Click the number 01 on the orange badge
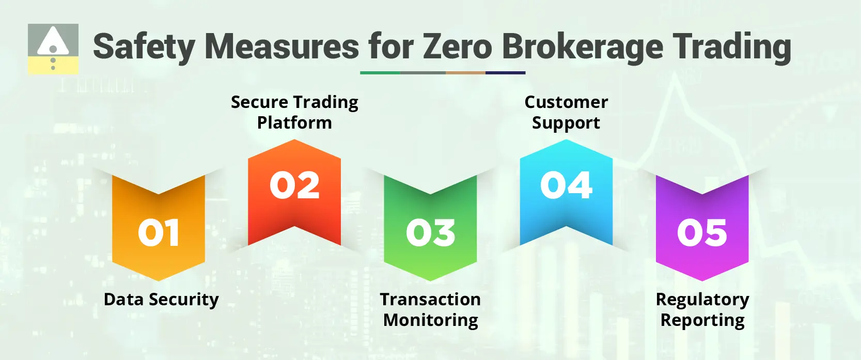159,232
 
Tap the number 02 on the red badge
294,185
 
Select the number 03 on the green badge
430,232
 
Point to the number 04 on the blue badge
566,185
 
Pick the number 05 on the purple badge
702,232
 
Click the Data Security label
161,300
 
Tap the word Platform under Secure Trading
294,123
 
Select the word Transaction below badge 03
430,300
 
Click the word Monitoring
430,320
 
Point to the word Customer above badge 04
566,102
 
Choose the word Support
566,123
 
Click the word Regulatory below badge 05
702,300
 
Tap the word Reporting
702,320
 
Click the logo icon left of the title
53,49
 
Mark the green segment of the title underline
380,73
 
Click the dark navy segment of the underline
505,73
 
